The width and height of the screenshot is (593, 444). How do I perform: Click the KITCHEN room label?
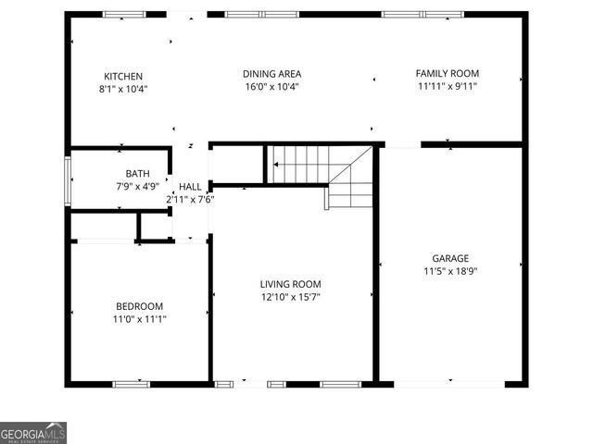pos(123,76)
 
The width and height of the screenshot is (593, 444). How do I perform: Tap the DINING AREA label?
pos(271,74)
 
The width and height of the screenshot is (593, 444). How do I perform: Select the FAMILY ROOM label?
pos(448,73)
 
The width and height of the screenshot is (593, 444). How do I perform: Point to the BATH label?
pos(137,173)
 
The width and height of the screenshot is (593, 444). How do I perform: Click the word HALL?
pos(190,187)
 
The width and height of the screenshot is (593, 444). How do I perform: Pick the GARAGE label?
pos(450,258)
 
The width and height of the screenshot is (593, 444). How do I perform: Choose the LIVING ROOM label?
pos(290,284)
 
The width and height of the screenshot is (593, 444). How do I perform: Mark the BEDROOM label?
pos(139,306)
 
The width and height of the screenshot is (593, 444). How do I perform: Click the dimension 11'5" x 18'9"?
pos(449,271)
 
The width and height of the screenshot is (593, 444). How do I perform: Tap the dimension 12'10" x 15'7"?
pos(290,297)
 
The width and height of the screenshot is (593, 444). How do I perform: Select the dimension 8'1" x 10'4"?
pos(123,89)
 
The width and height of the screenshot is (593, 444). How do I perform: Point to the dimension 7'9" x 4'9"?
pos(137,185)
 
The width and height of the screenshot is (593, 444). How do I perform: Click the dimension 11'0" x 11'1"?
pos(139,319)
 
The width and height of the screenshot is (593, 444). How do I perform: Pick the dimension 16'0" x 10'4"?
pos(271,87)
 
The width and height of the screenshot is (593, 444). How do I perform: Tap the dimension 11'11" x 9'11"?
pos(448,86)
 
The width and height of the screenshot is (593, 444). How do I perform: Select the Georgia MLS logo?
pos(33,432)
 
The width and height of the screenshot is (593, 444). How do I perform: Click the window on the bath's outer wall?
pos(67,179)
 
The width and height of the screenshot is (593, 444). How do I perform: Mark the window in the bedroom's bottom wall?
pos(132,383)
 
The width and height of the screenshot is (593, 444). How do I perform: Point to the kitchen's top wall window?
pos(124,15)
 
